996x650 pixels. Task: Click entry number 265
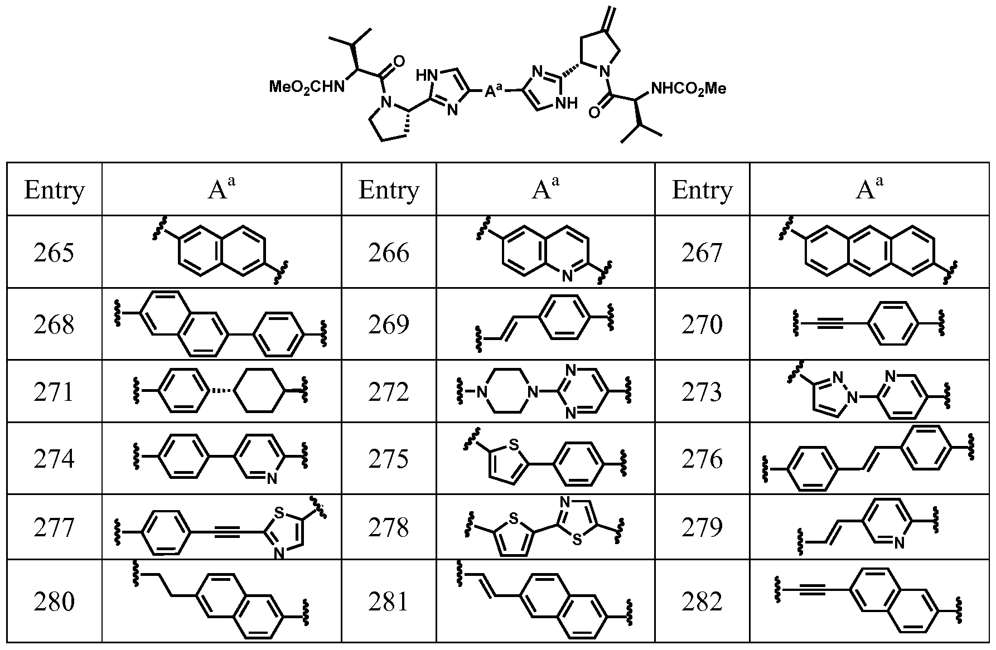point(54,253)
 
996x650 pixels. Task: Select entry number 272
point(388,392)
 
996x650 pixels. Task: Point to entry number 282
point(702,602)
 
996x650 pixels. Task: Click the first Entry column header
point(54,190)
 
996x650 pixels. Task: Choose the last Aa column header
point(869,188)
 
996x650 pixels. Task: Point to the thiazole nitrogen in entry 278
point(564,503)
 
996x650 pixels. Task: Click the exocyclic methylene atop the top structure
point(609,13)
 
